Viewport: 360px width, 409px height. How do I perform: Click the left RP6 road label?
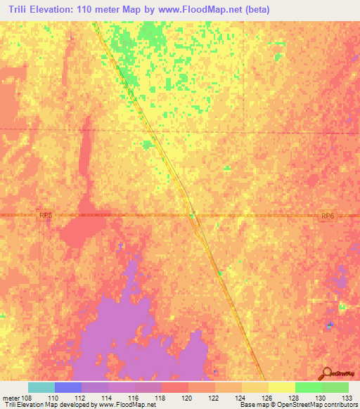tap(46, 218)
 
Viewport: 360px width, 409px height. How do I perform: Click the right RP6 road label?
tap(327, 218)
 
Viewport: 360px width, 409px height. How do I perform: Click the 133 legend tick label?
tap(344, 398)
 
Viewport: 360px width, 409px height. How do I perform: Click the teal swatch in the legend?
tap(41, 387)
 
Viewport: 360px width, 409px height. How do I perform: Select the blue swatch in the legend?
tap(68, 387)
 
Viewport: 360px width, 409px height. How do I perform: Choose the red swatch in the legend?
tap(174, 387)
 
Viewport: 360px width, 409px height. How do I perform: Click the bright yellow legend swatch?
tap(281, 387)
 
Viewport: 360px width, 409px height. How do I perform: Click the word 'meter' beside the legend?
tap(11, 398)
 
